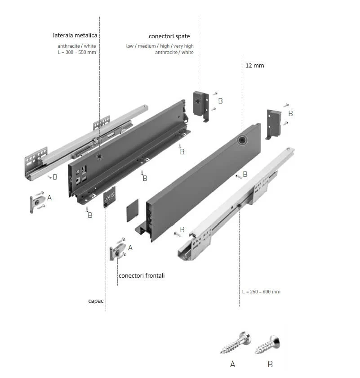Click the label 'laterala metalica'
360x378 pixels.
(75, 35)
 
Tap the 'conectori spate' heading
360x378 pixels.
(169, 36)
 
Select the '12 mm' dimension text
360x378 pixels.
(254, 65)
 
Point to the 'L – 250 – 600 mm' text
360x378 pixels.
(261, 292)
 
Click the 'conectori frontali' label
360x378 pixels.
(142, 275)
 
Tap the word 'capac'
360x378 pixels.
(96, 300)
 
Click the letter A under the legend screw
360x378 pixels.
(232, 364)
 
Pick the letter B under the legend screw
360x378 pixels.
(270, 364)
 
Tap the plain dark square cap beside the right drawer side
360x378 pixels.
(132, 211)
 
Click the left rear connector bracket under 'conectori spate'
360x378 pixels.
(201, 105)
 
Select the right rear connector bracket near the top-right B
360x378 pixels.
(274, 123)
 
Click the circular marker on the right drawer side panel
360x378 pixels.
(242, 140)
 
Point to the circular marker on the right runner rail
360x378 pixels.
(239, 206)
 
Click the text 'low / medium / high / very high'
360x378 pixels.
(160, 46)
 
